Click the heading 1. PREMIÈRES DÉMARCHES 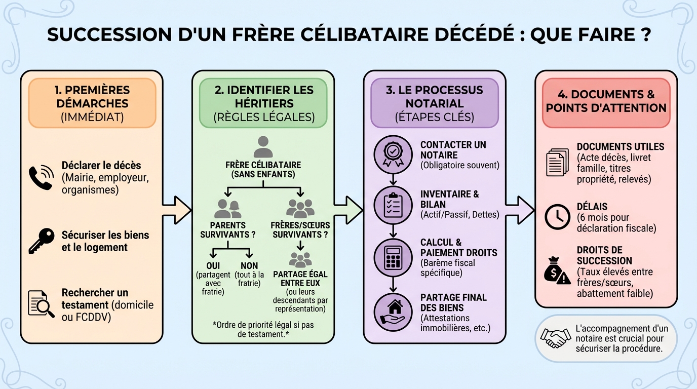[92, 97]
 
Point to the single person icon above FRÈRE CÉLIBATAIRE [263, 147]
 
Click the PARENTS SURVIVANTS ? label [227, 230]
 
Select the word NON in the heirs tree [249, 265]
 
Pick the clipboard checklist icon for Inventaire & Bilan [393, 205]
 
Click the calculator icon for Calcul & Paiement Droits [393, 257]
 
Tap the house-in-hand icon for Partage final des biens [393, 310]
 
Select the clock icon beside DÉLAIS [557, 217]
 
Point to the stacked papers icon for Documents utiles [557, 163]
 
